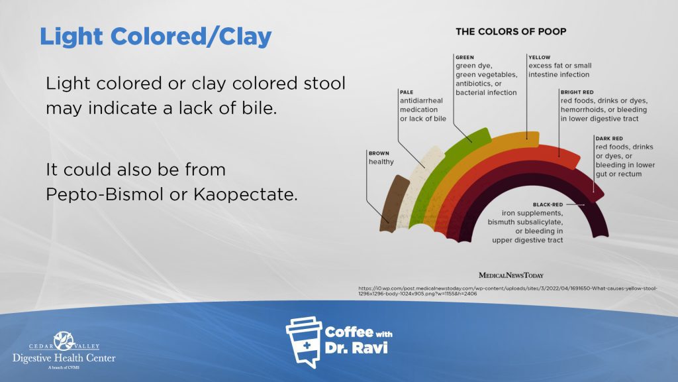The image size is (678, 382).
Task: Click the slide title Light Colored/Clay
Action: [x=156, y=36]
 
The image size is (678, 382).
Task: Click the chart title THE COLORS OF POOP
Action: [x=510, y=31]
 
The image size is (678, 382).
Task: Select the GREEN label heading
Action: [x=465, y=58]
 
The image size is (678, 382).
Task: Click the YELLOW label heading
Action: [x=540, y=58]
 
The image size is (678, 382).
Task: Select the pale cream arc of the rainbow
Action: [x=417, y=179]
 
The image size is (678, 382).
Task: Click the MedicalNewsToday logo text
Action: [x=510, y=275]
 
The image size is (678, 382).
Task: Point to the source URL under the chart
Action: [x=516, y=290]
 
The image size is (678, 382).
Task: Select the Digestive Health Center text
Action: [x=64, y=358]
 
